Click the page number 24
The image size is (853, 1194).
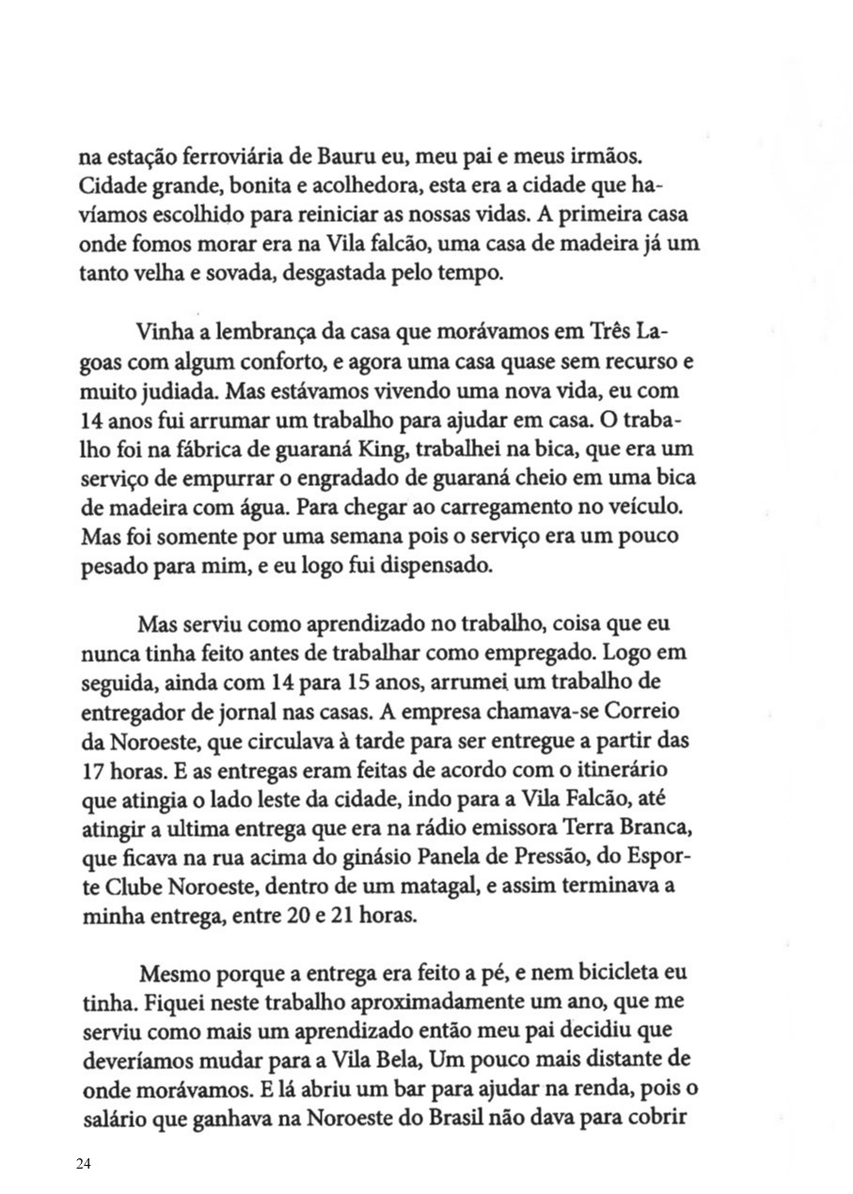(84, 1164)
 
